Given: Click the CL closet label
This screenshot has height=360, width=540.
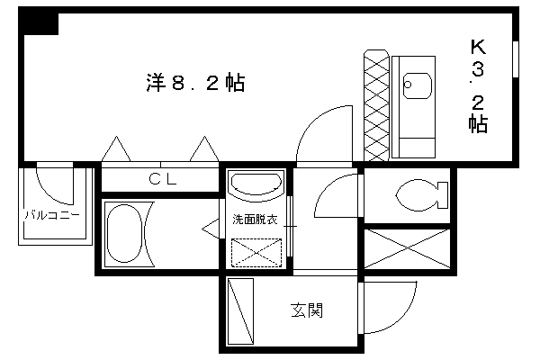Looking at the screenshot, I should point(163,178).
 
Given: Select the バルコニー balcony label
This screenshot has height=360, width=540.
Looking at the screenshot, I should point(51,215).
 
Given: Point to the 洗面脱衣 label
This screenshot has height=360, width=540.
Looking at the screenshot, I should point(254,220).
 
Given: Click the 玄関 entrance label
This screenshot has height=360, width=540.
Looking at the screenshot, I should point(306,311).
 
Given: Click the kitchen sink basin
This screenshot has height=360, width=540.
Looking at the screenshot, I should point(417,85).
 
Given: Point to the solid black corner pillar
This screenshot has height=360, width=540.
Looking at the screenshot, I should point(40,22).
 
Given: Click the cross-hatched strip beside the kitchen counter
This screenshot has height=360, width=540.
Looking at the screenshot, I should point(375,106).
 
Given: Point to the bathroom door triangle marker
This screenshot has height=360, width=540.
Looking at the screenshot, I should point(211,231).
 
